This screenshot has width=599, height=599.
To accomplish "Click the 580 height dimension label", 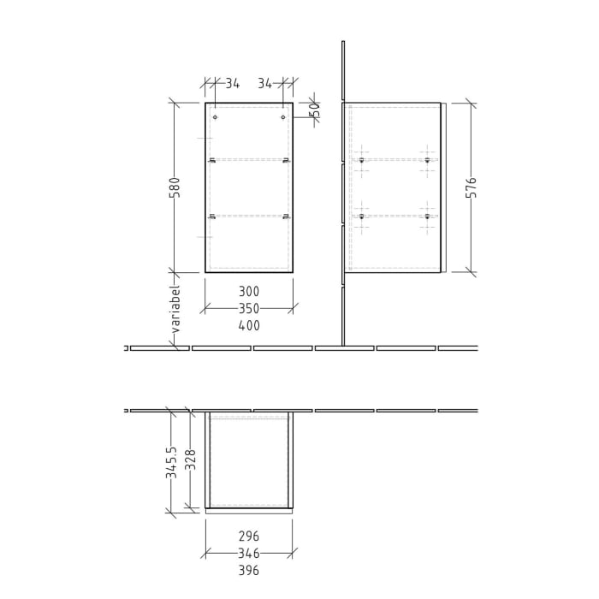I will point(175,187).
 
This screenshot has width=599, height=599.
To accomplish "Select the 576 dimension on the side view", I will point(471,188).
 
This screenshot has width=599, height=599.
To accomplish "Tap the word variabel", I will point(175,309).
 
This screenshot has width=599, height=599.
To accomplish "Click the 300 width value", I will point(249,292).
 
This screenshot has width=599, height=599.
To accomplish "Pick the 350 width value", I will point(249,308).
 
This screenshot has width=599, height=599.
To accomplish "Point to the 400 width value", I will point(249,325).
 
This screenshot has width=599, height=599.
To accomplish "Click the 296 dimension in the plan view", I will point(248,537).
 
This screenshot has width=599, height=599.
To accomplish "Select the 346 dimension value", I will point(248,554).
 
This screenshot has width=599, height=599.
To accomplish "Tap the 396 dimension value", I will point(248,571).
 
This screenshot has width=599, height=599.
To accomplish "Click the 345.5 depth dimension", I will point(171,461).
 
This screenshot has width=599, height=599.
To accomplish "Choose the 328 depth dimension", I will point(191,461).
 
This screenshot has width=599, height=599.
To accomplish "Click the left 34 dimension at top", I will point(232,83).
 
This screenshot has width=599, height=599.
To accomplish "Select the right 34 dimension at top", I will point(264,83).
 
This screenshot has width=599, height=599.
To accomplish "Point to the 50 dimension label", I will point(315,110).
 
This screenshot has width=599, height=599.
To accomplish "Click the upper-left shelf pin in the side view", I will point(363,160).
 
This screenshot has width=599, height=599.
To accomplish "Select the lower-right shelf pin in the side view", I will point(426,216).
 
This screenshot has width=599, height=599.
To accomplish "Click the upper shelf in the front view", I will point(249,160).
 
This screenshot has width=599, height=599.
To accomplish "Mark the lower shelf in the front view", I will point(249,216).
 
